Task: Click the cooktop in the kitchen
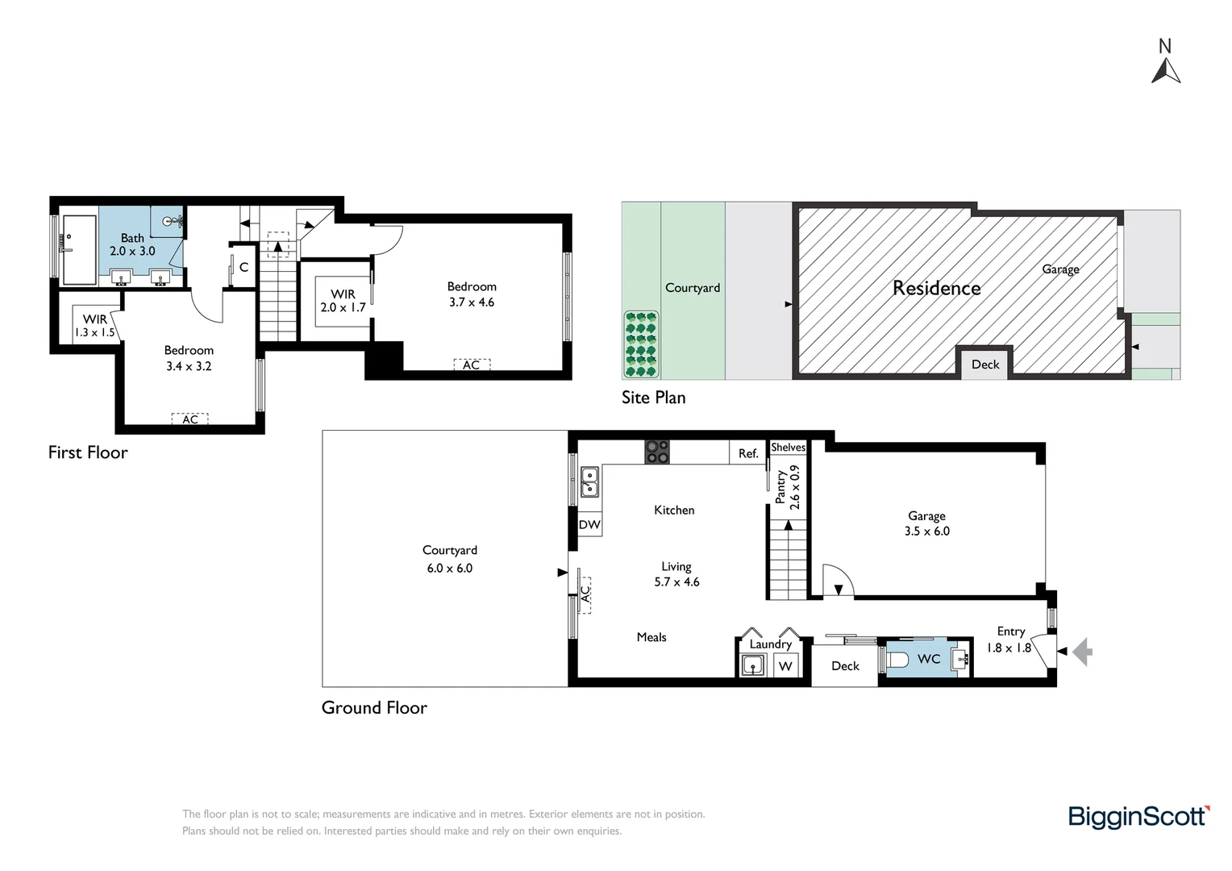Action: click(656, 452)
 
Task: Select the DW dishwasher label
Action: click(589, 525)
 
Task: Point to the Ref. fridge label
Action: click(748, 453)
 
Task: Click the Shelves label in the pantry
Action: click(789, 448)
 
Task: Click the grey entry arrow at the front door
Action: click(1083, 652)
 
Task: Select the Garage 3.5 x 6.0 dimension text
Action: click(927, 531)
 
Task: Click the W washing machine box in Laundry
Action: click(785, 666)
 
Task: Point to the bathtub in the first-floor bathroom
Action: click(80, 250)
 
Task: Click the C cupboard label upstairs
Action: click(243, 268)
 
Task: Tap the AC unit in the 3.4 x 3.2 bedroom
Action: click(189, 419)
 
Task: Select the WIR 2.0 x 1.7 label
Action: click(343, 301)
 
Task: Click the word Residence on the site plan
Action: click(937, 288)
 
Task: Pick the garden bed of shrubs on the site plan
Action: click(641, 344)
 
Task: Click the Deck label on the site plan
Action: click(985, 365)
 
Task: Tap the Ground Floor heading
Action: click(374, 707)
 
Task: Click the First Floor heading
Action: click(88, 452)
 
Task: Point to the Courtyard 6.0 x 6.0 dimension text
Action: click(450, 569)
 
